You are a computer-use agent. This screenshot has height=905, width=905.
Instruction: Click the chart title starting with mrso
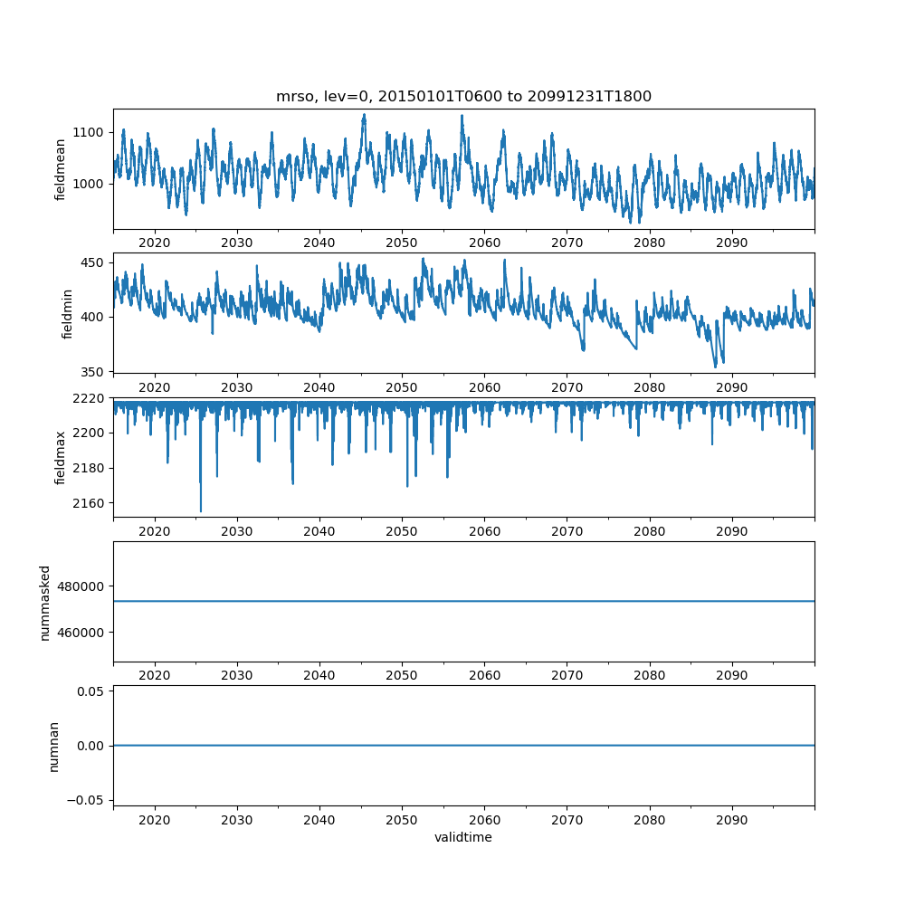tap(463, 97)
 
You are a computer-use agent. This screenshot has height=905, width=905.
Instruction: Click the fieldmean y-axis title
tap(61, 169)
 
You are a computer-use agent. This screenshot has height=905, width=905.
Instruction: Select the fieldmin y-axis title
tap(67, 313)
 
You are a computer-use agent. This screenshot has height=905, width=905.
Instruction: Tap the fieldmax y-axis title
tap(61, 458)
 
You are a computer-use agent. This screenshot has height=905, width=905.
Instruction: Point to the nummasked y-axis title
tap(44, 602)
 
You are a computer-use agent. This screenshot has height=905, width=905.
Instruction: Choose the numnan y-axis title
tap(53, 746)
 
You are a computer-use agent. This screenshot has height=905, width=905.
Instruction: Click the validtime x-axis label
tap(463, 838)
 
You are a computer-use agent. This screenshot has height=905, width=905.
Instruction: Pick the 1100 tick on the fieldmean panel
tap(90, 132)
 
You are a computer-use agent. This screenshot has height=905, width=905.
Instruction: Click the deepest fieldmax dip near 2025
tap(201, 510)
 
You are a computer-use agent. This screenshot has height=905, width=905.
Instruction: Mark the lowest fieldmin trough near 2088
tap(715, 366)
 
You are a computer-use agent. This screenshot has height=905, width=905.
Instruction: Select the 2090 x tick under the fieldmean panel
tap(731, 243)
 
